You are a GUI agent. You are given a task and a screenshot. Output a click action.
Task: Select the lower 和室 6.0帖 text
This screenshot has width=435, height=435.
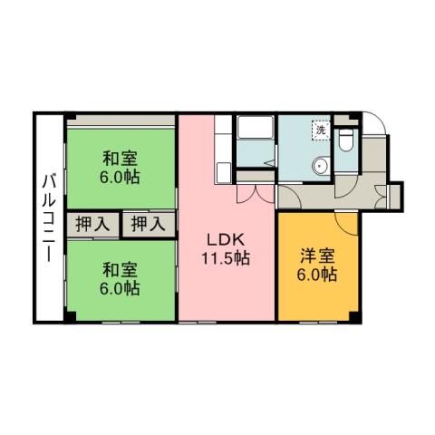click(120, 278)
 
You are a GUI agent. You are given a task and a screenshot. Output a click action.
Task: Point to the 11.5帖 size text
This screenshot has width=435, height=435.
click(227, 257)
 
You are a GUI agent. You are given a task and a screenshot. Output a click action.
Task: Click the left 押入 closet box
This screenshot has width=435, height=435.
click(90, 222)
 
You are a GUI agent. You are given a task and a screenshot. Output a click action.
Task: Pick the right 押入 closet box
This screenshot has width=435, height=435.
click(145, 222)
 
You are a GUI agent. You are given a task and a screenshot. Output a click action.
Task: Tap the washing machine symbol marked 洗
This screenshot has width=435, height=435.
click(320, 130)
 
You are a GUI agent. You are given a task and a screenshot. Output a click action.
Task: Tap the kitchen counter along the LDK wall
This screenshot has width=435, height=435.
click(220, 148)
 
